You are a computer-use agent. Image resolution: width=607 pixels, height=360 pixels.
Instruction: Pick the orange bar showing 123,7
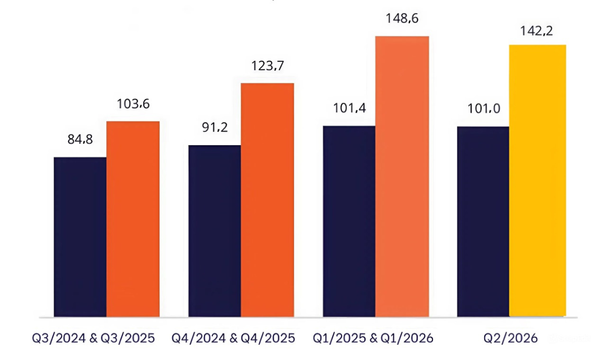point(267,200)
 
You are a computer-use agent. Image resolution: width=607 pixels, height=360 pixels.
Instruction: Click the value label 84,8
point(80,139)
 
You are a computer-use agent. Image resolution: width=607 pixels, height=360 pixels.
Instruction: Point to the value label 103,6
point(133,105)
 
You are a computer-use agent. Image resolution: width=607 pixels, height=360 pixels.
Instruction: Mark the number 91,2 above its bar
point(214,127)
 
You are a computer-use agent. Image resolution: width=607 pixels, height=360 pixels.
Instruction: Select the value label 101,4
point(349,108)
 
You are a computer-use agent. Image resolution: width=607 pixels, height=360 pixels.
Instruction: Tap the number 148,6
point(402,19)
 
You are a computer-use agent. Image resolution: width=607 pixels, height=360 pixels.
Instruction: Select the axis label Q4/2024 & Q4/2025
point(233,337)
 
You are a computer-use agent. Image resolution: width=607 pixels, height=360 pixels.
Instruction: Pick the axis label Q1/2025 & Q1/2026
point(373,337)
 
